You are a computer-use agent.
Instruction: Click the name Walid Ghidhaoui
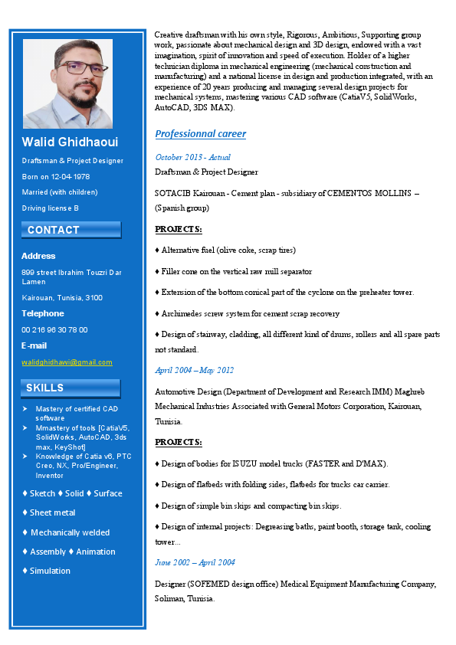coord(70,142)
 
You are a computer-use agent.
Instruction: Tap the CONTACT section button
coord(71,230)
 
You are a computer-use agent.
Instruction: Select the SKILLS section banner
coord(71,388)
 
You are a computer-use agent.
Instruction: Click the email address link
coord(67,362)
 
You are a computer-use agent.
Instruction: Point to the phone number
coord(54,329)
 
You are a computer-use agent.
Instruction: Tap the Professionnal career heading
coord(201,134)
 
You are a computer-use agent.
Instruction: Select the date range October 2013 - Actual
coord(192,157)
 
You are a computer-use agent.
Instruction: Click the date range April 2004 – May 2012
coord(194,370)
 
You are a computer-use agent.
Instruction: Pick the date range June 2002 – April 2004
coord(195,562)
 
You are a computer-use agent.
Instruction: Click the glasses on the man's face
coord(67,67)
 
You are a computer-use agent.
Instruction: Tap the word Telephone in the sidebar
coord(43,313)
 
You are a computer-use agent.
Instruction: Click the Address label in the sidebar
coord(38,256)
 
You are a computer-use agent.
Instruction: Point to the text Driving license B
coord(50,208)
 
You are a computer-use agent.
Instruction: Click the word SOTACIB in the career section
coord(173,193)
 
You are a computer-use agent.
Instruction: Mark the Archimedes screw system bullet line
coord(247,313)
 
